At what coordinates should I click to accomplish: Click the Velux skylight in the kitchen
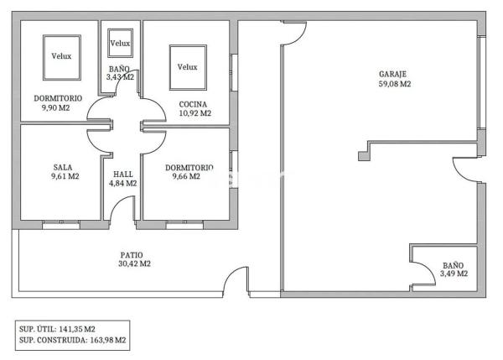pyautogui.click(x=188, y=67)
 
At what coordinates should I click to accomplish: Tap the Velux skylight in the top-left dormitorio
pyautogui.click(x=62, y=58)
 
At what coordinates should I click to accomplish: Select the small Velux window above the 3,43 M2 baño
pyautogui.click(x=120, y=43)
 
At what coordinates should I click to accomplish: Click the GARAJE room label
pyautogui.click(x=392, y=74)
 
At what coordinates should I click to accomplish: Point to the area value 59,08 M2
pyautogui.click(x=395, y=84)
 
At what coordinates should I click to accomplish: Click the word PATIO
pyautogui.click(x=132, y=255)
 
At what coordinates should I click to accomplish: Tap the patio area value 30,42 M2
pyautogui.click(x=134, y=263)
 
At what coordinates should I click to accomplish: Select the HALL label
pyautogui.click(x=123, y=175)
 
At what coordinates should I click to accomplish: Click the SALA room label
pyautogui.click(x=63, y=167)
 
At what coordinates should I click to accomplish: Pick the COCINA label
pyautogui.click(x=193, y=104)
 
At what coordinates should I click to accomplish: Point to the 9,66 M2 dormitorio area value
pyautogui.click(x=186, y=176)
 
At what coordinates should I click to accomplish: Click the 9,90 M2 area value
pyautogui.click(x=56, y=108)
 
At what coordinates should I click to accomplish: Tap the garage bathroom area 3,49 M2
pyautogui.click(x=454, y=274)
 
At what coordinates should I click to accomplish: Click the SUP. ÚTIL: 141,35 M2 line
pyautogui.click(x=57, y=329)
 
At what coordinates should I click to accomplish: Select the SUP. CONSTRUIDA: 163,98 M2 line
pyautogui.click(x=72, y=340)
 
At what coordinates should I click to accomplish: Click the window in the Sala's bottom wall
pyautogui.click(x=61, y=224)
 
